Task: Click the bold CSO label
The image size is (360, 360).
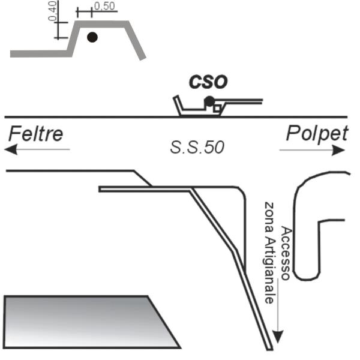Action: click(208, 82)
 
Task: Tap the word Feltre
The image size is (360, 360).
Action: click(36, 134)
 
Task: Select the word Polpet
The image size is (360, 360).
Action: click(317, 134)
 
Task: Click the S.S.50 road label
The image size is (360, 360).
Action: click(197, 147)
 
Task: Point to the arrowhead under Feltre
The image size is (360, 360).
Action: click(11, 149)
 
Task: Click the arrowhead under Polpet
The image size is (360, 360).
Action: click(338, 151)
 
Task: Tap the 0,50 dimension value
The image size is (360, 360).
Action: click(104, 6)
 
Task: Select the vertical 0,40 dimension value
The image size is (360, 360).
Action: click(52, 11)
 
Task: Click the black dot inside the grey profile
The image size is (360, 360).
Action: click(92, 37)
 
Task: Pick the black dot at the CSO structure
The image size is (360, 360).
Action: click(209, 101)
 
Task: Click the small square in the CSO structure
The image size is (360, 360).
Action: click(217, 108)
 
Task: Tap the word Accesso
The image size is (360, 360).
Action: click(286, 253)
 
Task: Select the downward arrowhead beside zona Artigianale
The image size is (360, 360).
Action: click(278, 337)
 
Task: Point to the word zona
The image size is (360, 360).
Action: click(269, 218)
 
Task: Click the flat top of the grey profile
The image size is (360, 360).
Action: click(102, 24)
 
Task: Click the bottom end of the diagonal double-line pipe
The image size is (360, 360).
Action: click(270, 350)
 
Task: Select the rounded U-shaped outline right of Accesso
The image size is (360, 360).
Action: click(295, 230)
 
